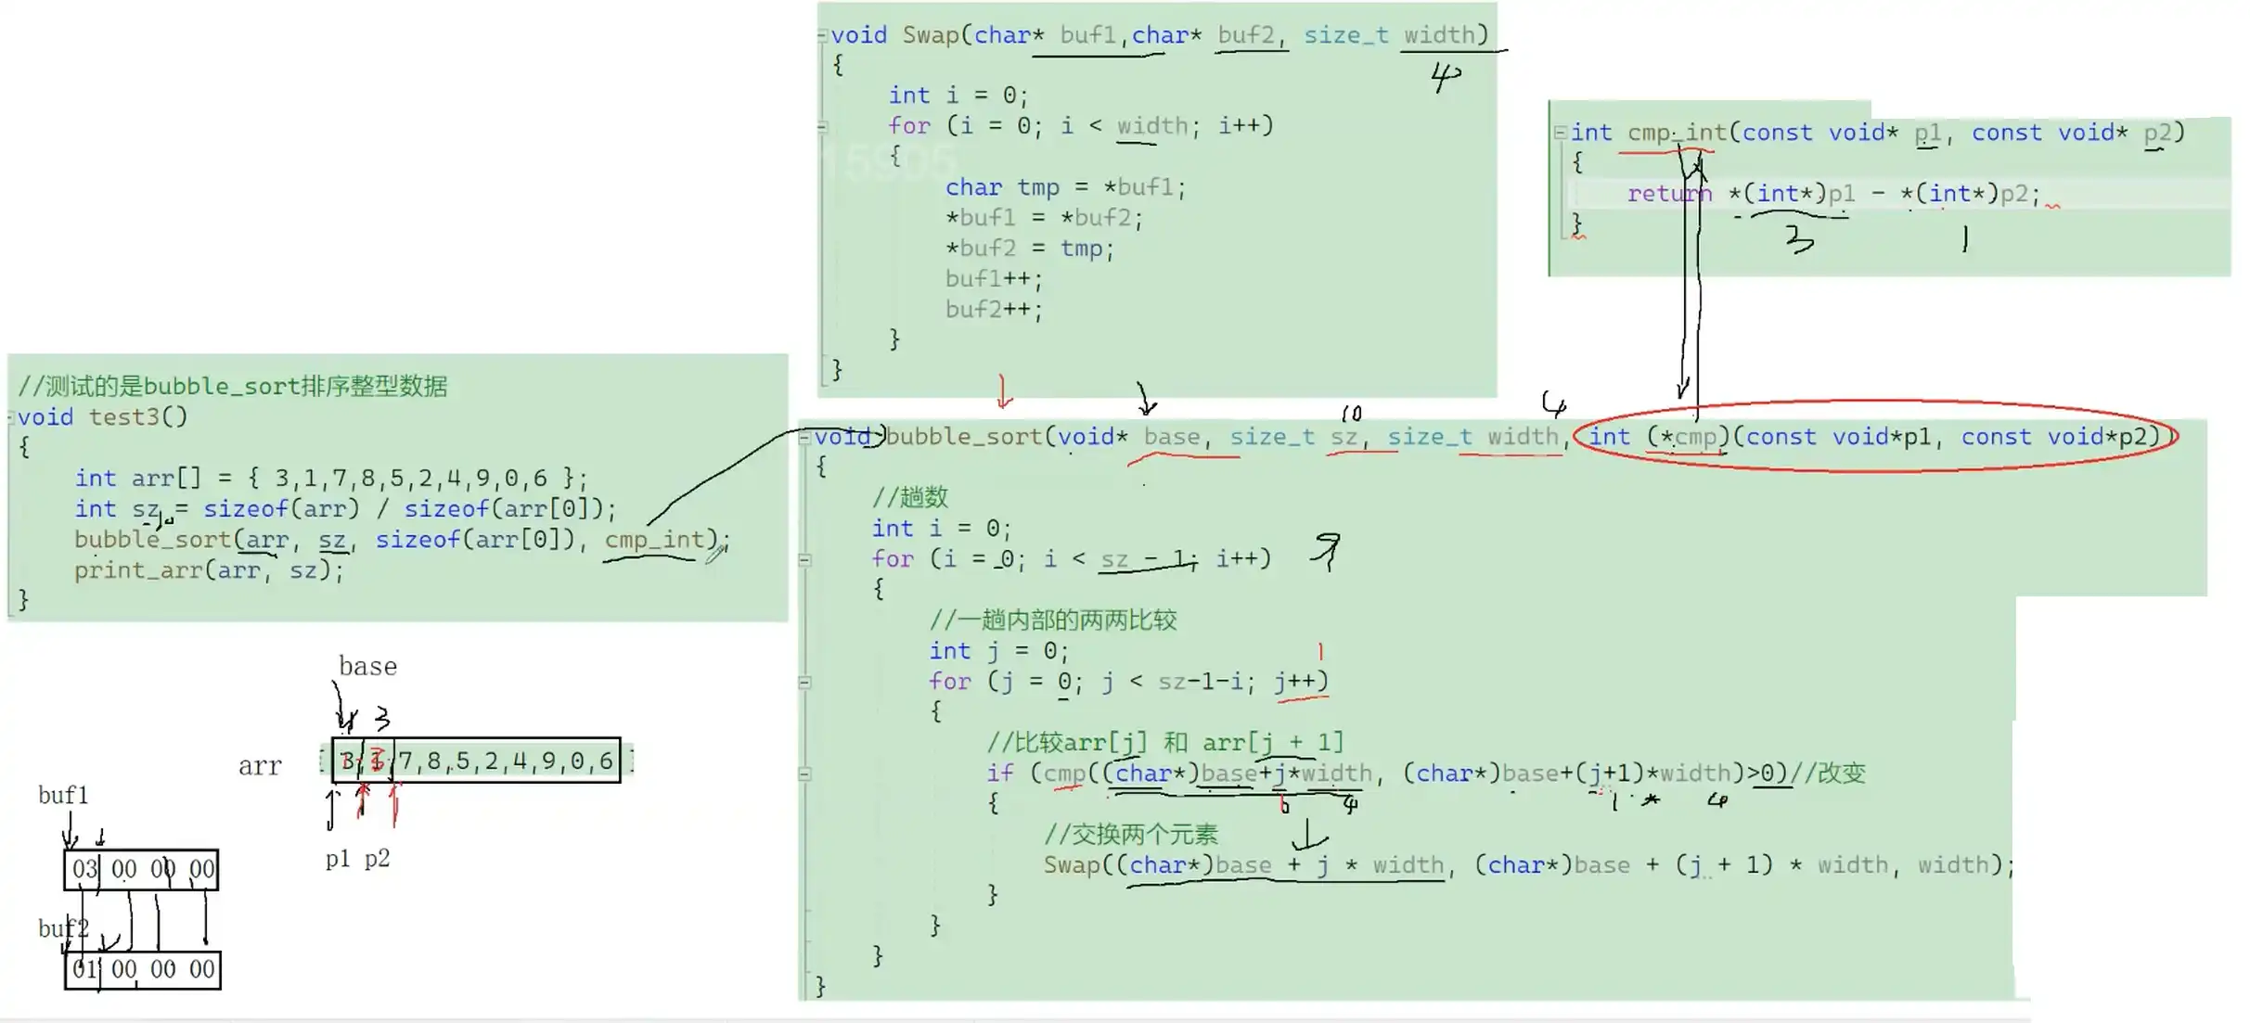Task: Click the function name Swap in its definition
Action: coord(930,35)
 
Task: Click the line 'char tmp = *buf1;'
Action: coord(1064,187)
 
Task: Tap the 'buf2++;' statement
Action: coord(993,310)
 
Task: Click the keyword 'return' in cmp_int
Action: coord(1667,194)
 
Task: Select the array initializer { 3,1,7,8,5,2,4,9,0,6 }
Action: coord(417,479)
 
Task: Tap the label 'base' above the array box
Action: coord(367,667)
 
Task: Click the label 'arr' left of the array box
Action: coord(260,766)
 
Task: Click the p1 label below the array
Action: coord(338,859)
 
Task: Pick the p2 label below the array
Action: coord(377,859)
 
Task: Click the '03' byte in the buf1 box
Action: coord(84,869)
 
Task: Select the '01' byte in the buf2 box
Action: coord(84,970)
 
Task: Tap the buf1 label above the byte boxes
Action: coord(62,795)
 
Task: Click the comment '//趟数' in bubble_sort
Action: coord(910,498)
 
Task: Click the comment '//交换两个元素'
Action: coord(1130,835)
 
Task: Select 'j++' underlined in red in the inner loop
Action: coord(1300,682)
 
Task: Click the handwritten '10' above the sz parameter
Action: coord(1351,413)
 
